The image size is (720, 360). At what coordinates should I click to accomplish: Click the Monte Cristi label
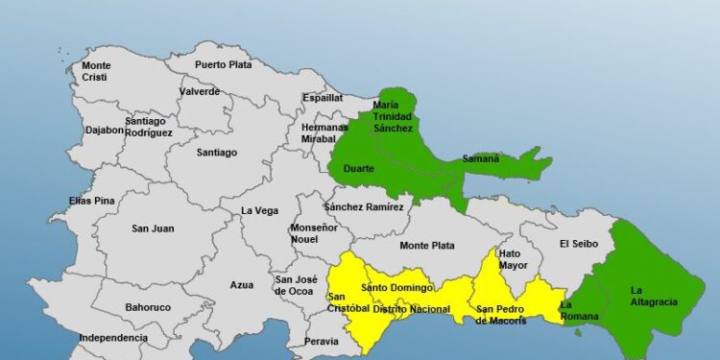(x=96, y=71)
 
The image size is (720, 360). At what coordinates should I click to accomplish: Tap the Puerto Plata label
(x=224, y=64)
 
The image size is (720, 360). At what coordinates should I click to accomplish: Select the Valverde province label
(x=199, y=92)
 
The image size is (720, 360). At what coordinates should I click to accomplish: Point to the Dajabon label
(x=104, y=130)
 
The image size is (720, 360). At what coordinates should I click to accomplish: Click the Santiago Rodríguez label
(x=149, y=127)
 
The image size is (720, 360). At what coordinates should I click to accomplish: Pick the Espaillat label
(x=323, y=97)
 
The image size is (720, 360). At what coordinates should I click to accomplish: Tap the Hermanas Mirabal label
(x=324, y=132)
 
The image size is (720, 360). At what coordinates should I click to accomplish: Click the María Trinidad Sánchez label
(x=393, y=116)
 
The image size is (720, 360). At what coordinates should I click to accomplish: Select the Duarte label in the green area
(x=358, y=169)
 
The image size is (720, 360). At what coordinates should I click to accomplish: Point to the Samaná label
(x=481, y=158)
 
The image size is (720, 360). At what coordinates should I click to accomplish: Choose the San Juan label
(x=153, y=228)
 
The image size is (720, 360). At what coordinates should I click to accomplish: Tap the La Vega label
(x=259, y=210)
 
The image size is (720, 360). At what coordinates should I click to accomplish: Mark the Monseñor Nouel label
(x=314, y=233)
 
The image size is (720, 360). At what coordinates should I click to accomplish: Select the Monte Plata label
(x=427, y=246)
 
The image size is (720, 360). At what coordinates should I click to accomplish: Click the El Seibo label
(x=579, y=244)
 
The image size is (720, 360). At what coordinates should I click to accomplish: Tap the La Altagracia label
(x=654, y=296)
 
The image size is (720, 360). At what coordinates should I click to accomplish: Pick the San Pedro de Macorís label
(x=501, y=315)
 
